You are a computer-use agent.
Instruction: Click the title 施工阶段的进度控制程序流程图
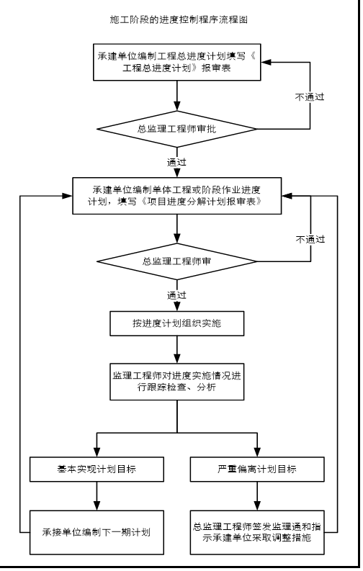coord(179,19)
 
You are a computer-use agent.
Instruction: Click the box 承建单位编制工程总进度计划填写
coord(177,62)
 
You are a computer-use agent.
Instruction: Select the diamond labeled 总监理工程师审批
coord(177,129)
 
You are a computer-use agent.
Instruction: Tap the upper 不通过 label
coord(310,97)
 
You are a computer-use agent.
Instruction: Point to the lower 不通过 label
coord(310,239)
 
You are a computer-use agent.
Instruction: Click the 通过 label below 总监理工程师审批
coord(176,162)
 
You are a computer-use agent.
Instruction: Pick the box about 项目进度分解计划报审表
coord(177,196)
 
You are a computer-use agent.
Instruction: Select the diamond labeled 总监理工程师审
coord(177,261)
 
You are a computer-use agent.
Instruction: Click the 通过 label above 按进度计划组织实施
coord(176,295)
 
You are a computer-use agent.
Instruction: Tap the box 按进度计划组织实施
coord(177,323)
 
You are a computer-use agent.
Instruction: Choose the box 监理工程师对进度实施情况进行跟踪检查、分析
coord(177,382)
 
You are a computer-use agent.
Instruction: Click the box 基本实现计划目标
coord(97,469)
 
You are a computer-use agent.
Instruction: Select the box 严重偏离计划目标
coord(257,469)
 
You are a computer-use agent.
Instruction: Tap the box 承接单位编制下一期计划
coord(97,532)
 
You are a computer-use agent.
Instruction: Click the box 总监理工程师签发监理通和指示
coord(257,532)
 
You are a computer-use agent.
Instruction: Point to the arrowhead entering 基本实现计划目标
coord(97,452)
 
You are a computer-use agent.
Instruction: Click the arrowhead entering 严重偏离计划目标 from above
coord(257,452)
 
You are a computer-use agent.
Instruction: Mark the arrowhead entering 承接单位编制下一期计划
coord(97,505)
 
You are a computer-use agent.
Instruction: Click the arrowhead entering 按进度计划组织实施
coord(177,306)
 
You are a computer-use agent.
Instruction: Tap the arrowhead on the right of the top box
coord(266,62)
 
